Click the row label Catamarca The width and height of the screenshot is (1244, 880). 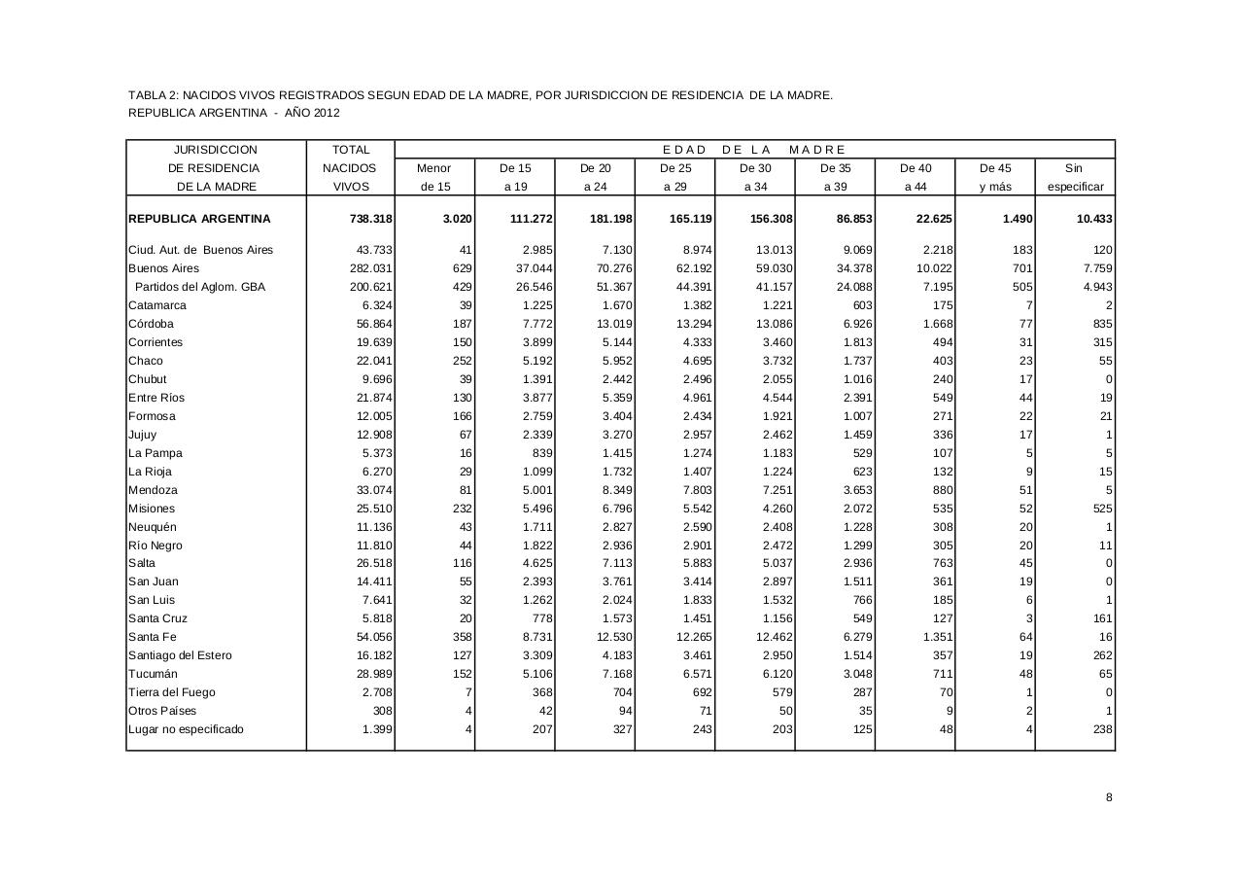157,305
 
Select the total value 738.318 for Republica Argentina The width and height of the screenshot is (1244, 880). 370,219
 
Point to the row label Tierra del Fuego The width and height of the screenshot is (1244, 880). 172,692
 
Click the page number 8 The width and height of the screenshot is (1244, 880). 1109,797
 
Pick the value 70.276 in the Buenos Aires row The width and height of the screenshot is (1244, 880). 613,268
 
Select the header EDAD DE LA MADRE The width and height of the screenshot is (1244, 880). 754,150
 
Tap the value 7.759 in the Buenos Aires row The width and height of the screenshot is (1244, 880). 1095,268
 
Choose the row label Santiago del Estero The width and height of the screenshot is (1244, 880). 180,655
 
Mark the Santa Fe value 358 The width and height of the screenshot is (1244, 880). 462,637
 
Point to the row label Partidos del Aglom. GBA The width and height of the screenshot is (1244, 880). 199,287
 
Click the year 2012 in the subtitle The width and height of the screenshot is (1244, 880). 327,113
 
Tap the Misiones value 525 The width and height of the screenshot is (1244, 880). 1102,509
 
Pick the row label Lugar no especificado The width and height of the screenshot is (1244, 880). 186,729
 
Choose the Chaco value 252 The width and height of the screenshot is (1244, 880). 462,361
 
